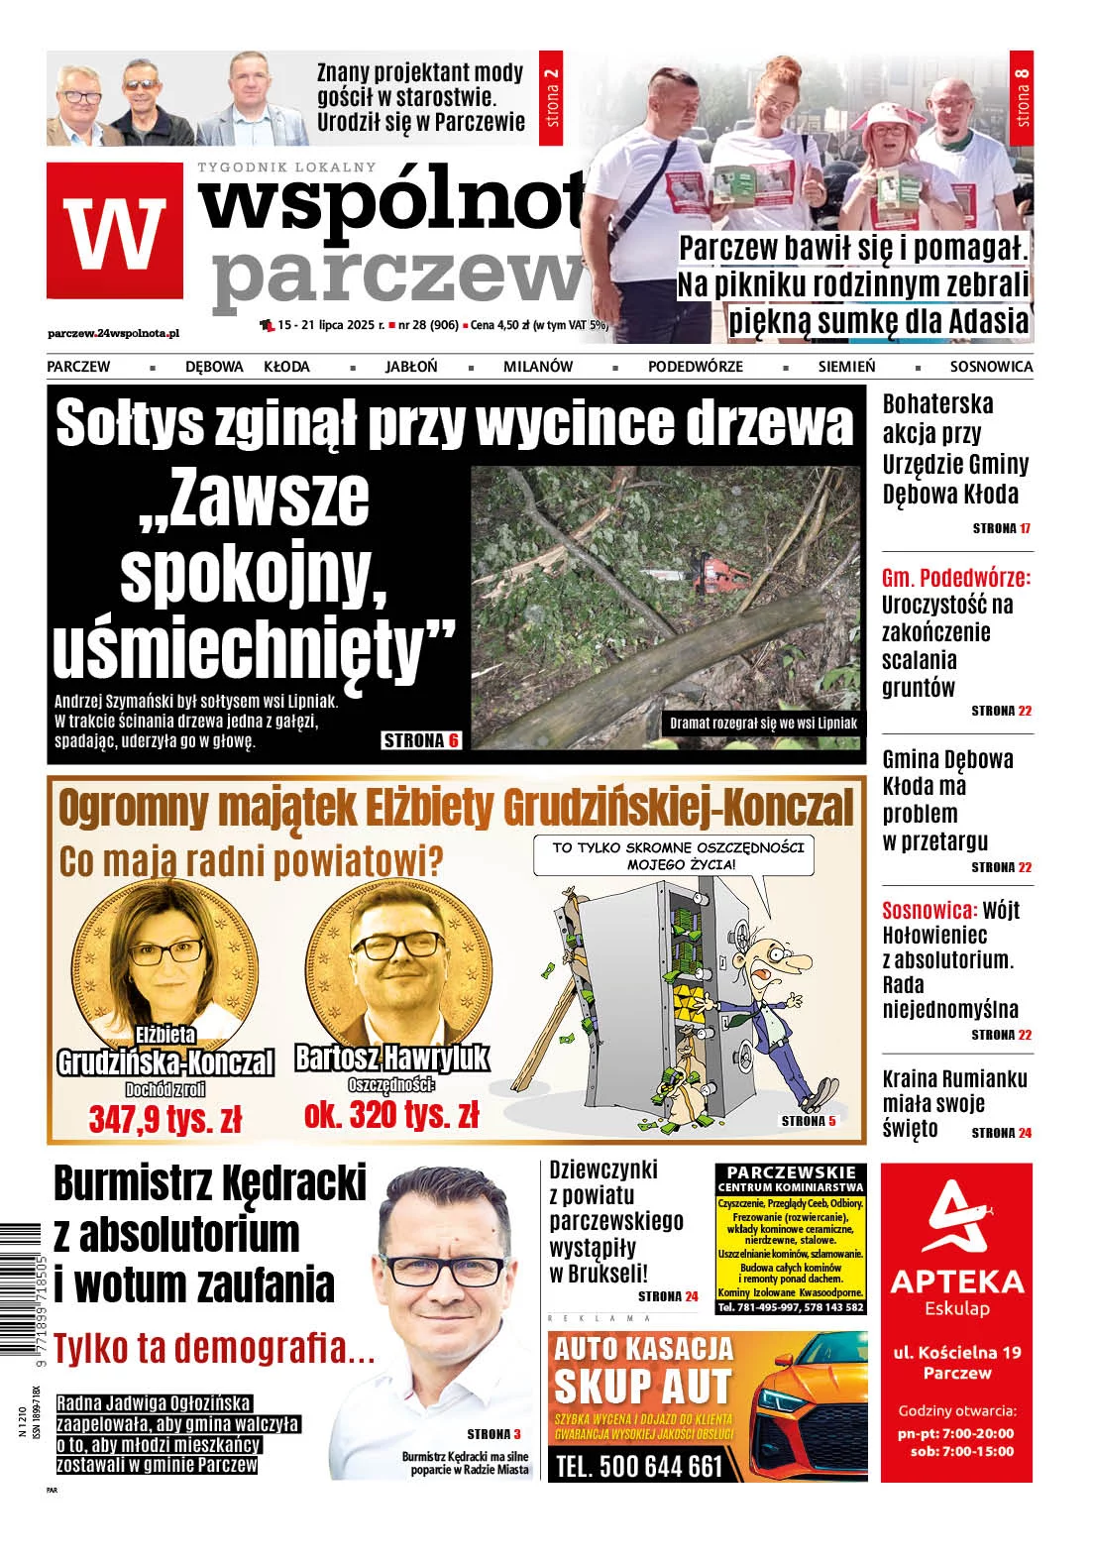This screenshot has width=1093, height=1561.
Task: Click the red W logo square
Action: (115, 231)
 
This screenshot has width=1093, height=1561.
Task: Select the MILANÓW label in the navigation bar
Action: (537, 367)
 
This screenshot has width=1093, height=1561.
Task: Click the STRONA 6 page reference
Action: (421, 740)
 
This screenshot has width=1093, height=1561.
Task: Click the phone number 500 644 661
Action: (639, 1466)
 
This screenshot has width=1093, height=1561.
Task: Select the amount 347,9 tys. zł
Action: (165, 1120)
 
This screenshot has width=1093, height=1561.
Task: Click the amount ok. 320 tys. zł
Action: (391, 1115)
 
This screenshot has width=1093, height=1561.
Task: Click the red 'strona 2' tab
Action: (553, 99)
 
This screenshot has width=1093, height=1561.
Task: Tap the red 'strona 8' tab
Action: (1022, 98)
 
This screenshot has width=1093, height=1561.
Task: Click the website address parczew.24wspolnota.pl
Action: (113, 334)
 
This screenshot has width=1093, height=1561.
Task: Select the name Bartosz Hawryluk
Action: (391, 1058)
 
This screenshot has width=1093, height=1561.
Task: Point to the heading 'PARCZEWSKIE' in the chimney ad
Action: (791, 1171)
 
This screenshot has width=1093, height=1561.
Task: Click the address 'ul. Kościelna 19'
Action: (956, 1352)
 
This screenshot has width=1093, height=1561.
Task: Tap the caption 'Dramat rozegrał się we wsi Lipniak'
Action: (763, 723)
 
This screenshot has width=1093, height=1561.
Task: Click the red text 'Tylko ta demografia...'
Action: (214, 1348)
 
